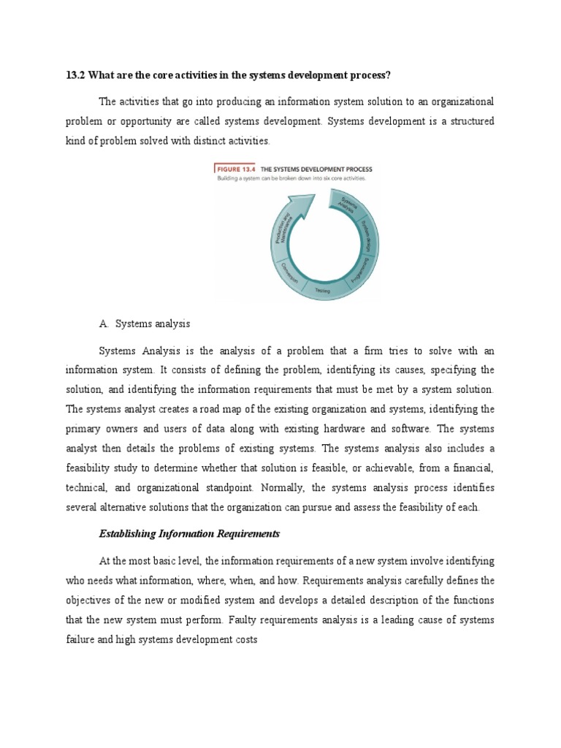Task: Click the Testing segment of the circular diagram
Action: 322,290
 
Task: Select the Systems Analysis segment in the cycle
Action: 350,206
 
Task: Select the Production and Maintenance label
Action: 283,228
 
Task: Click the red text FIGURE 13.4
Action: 231,169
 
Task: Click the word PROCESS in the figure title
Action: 354,169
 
